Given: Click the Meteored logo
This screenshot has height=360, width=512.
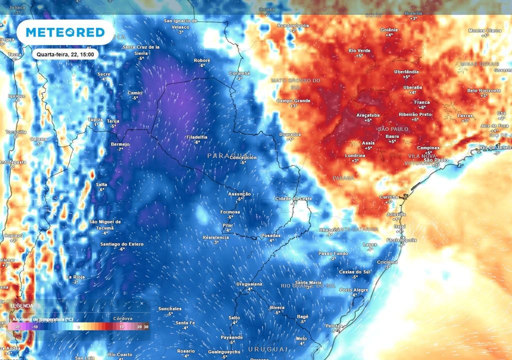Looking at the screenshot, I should [65, 32].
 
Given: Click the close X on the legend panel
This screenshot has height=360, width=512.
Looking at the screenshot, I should [141, 303].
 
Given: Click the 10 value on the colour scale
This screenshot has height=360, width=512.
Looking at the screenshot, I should [121, 326].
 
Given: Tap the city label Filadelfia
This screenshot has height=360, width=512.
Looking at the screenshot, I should [196, 136].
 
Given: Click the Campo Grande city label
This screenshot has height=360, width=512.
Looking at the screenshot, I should [293, 100].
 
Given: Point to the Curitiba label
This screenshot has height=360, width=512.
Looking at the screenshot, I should [388, 197].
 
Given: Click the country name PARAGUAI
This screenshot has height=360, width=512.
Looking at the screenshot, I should [230, 155].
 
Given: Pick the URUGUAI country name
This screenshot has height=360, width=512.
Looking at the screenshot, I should [268, 349].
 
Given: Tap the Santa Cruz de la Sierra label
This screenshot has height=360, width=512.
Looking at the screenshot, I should [141, 49].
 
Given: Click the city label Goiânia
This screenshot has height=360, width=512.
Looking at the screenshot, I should [389, 29].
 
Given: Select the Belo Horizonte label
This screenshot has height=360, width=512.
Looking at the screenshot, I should [483, 90].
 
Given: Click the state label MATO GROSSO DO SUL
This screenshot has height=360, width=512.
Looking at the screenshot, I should [295, 83].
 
